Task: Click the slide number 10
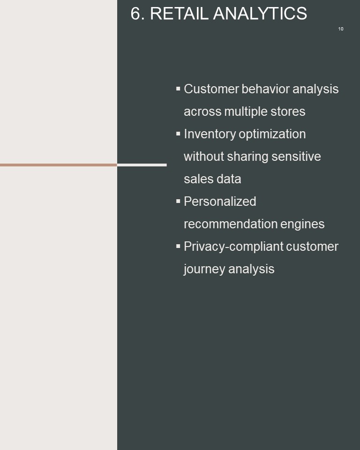click(x=341, y=29)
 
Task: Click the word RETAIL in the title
click(x=179, y=14)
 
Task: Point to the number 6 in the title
click(x=136, y=14)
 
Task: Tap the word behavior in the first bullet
click(x=265, y=89)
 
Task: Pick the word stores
click(x=288, y=112)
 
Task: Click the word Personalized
click(x=220, y=202)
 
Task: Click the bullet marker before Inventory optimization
click(x=178, y=134)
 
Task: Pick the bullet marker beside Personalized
click(x=178, y=201)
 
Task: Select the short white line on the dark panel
click(x=142, y=165)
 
